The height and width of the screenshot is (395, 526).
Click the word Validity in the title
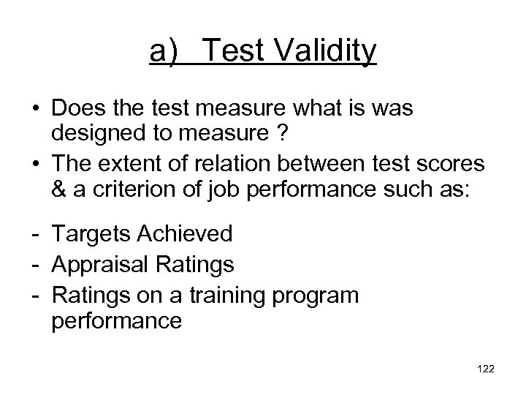tap(327, 51)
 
